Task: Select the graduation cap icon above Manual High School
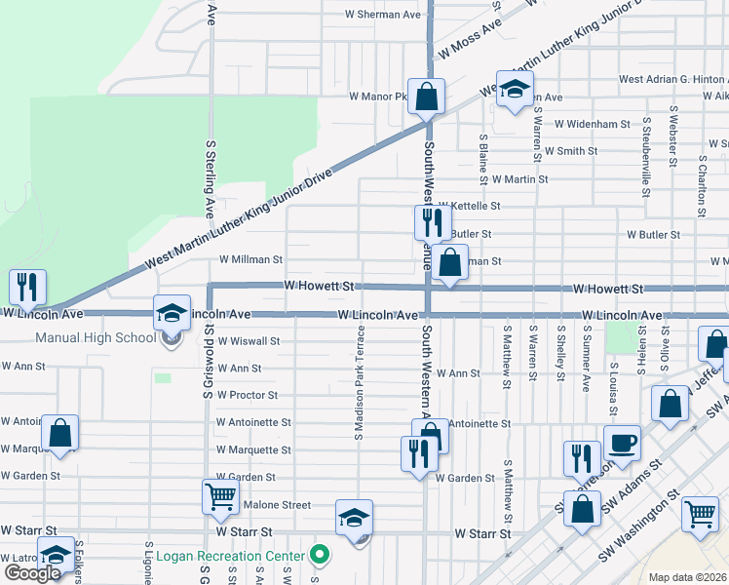click(x=172, y=314)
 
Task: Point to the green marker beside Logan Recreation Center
click(x=319, y=556)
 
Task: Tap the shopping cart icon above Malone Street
click(x=220, y=495)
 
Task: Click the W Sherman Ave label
click(x=383, y=15)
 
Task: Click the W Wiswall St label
click(x=249, y=342)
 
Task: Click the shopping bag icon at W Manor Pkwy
click(x=426, y=97)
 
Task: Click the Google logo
click(x=31, y=573)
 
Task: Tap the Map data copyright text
click(x=688, y=577)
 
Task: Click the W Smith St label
click(x=571, y=151)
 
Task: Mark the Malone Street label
click(x=276, y=505)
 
